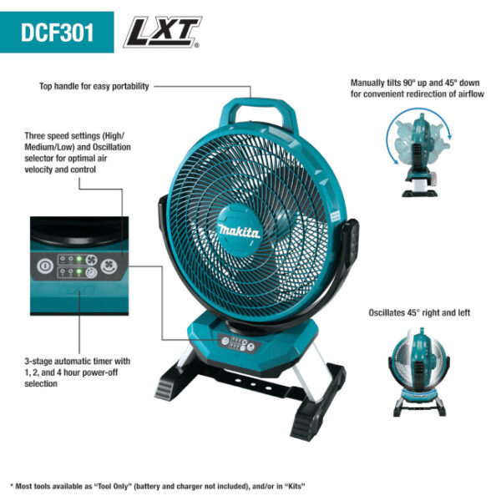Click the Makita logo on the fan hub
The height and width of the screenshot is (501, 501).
point(240,230)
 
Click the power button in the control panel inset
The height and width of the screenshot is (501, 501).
point(43,266)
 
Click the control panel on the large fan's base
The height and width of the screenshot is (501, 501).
point(237,342)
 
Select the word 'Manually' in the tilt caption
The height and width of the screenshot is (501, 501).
point(367,83)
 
